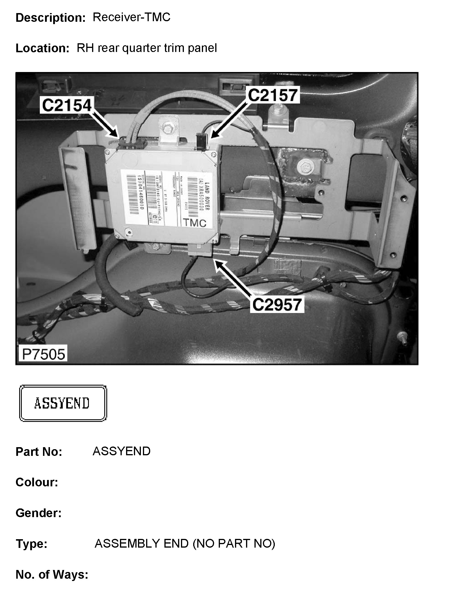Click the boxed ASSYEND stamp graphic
pos(63,403)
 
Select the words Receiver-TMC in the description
pos(131,17)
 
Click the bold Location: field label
pos(42,48)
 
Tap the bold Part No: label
pos(39,452)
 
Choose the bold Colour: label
pos(37,482)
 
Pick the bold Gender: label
pos(38,513)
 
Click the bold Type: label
pos(31,544)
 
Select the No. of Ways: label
pos(52,575)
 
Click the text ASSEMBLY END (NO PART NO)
pos(185,543)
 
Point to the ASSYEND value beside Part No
pos(121,451)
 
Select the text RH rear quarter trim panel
pos(147,48)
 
